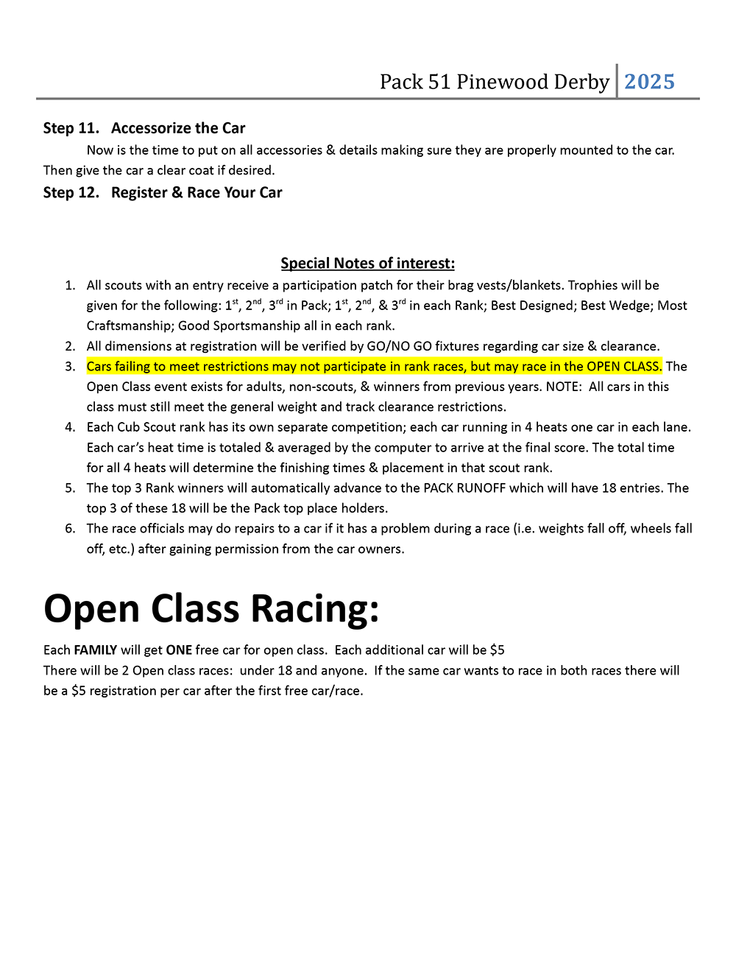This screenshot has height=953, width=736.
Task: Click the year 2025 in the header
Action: click(x=649, y=82)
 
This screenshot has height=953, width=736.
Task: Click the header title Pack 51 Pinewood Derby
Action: click(x=494, y=82)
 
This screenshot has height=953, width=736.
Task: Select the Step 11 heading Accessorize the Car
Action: click(x=178, y=128)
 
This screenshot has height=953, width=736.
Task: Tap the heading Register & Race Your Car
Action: click(x=197, y=192)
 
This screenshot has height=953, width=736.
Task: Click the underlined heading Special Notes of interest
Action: click(x=367, y=263)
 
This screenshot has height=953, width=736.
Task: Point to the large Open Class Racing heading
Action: click(x=211, y=609)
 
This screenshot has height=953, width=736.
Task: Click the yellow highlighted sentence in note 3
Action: click(x=374, y=366)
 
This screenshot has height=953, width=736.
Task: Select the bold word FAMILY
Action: click(x=95, y=650)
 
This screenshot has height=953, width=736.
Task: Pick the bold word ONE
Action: click(x=179, y=650)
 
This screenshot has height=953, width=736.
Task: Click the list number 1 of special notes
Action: click(x=70, y=285)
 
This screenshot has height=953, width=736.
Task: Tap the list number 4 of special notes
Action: click(x=70, y=427)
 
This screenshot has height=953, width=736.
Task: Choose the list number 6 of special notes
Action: click(x=70, y=528)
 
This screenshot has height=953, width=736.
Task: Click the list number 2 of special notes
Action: click(x=70, y=346)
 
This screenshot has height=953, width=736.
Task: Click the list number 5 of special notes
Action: click(x=70, y=488)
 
